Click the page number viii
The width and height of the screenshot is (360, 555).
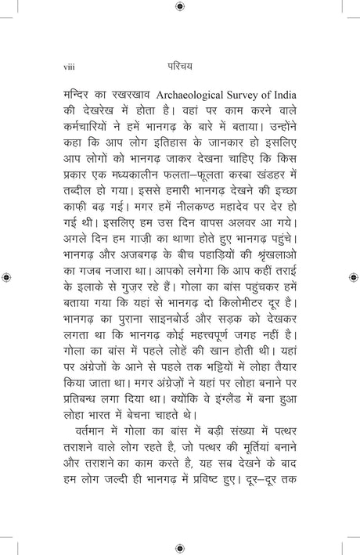click(66, 67)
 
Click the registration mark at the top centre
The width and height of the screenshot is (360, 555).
click(180, 6)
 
